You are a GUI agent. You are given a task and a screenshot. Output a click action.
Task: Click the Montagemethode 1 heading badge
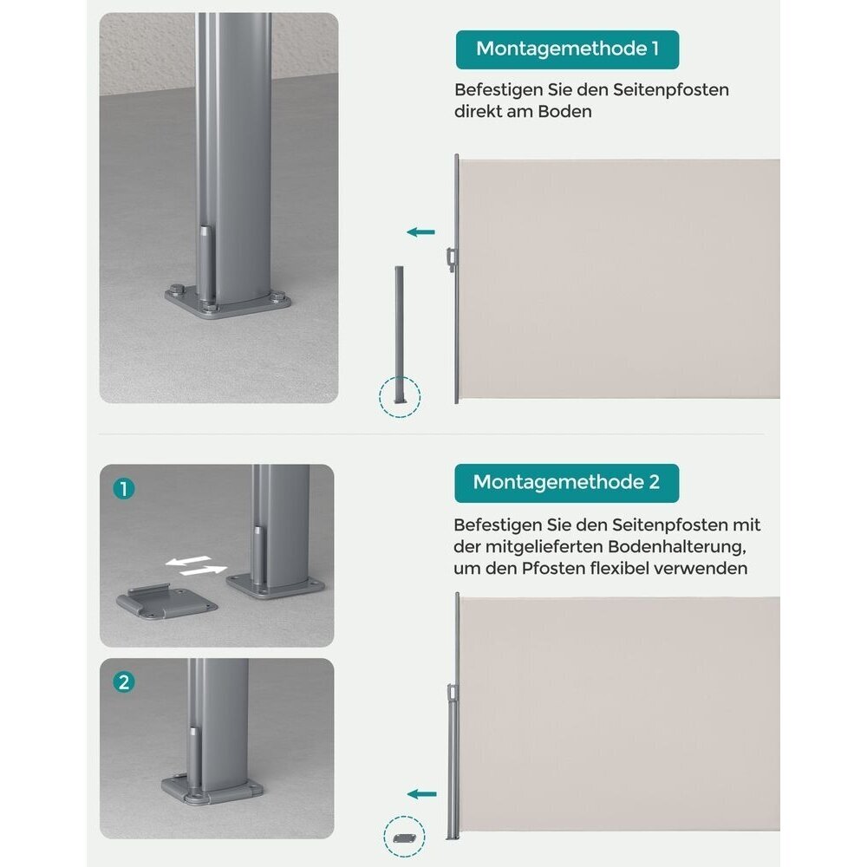pyautogui.click(x=567, y=49)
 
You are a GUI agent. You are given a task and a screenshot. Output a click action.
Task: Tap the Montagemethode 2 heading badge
pyautogui.click(x=567, y=483)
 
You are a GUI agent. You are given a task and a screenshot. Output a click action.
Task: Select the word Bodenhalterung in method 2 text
pyautogui.click(x=677, y=547)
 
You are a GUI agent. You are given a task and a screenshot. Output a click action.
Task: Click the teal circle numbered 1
pyautogui.click(x=124, y=489)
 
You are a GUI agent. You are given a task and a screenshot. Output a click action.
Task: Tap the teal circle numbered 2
pyautogui.click(x=124, y=681)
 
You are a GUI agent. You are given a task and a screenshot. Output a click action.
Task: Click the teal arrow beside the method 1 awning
pyautogui.click(x=420, y=232)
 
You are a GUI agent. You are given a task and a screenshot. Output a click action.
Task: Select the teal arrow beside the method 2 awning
pyautogui.click(x=422, y=794)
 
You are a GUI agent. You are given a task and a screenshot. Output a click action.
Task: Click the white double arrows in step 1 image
pyautogui.click(x=196, y=565)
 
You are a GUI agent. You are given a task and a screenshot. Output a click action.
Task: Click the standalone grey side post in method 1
pyautogui.click(x=399, y=335)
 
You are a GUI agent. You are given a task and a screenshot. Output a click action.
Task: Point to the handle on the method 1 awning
pyautogui.click(x=452, y=259)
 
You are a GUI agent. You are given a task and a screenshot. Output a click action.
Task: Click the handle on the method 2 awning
pyautogui.click(x=453, y=692)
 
